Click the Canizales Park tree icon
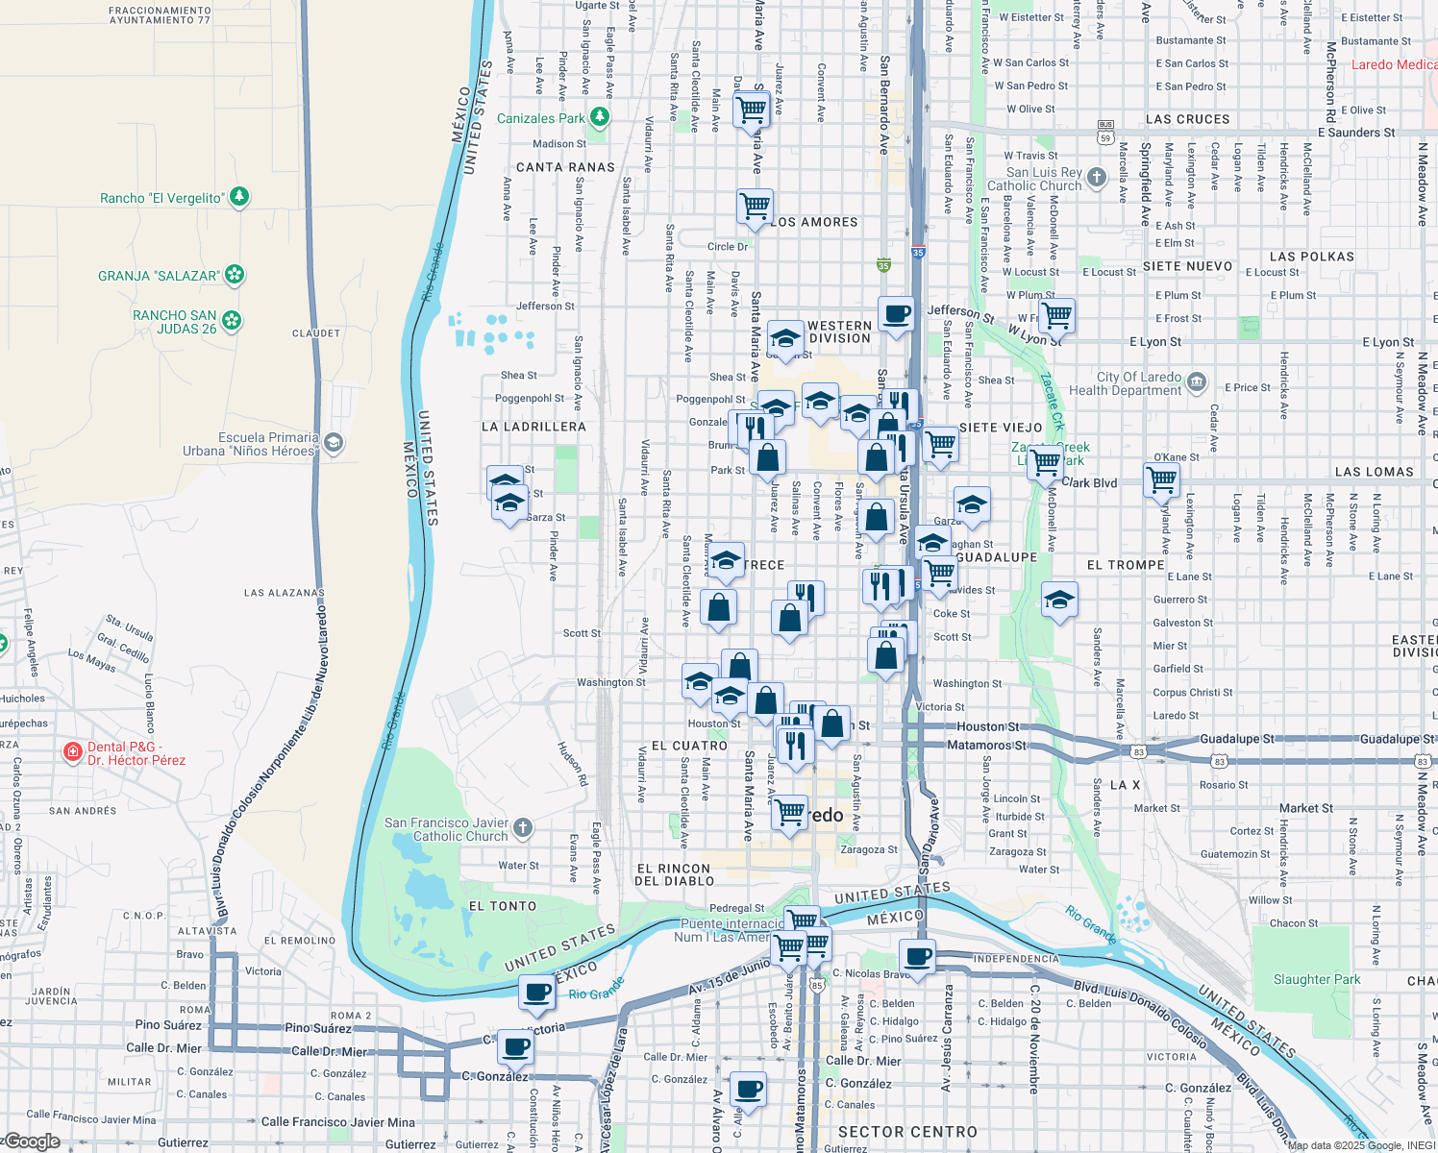pyautogui.click(x=600, y=117)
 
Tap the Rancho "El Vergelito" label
pyautogui.click(x=161, y=198)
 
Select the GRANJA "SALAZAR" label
pyautogui.click(x=159, y=276)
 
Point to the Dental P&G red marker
pyautogui.click(x=72, y=752)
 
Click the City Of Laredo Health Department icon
pyautogui.click(x=1197, y=382)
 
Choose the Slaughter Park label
pyautogui.click(x=1317, y=979)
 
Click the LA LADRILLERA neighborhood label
pyautogui.click(x=533, y=427)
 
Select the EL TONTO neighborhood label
pyautogui.click(x=503, y=906)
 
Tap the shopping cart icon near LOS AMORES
pyautogui.click(x=755, y=207)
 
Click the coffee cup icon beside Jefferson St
pyautogui.click(x=896, y=314)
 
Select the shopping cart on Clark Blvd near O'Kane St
pyautogui.click(x=1161, y=478)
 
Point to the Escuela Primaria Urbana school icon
pyautogui.click(x=334, y=443)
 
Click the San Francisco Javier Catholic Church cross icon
pyautogui.click(x=522, y=827)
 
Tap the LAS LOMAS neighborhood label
pyautogui.click(x=1374, y=472)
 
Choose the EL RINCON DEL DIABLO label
pyautogui.click(x=675, y=874)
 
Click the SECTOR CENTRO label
pyautogui.click(x=907, y=1132)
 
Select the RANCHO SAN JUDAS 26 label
pyautogui.click(x=174, y=322)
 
